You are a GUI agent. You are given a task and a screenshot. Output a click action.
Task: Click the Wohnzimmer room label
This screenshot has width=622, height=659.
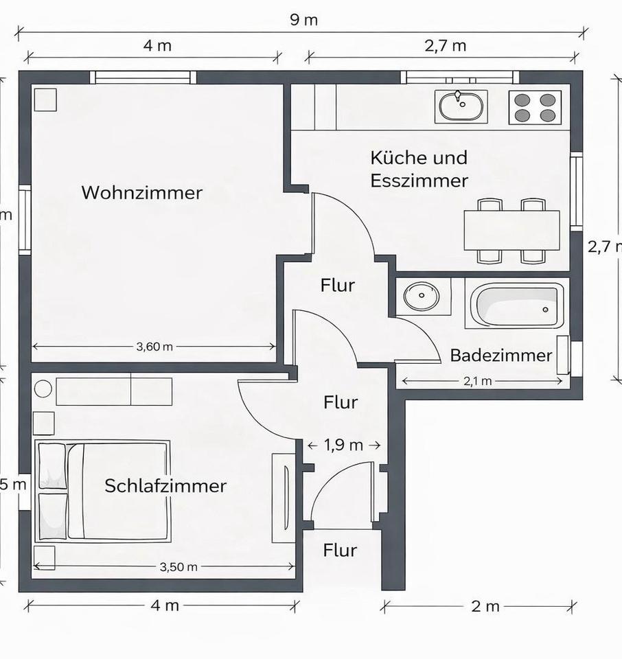coord(142,192)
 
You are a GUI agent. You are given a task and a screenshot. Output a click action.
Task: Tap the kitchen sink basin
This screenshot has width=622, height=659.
coord(461,107)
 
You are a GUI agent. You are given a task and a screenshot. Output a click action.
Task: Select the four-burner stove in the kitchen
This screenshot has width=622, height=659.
coord(535,107)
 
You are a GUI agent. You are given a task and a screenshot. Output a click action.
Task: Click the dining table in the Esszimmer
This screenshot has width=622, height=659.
coord(511,231)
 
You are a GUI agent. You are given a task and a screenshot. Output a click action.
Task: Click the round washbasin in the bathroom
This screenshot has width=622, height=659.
coord(418,297)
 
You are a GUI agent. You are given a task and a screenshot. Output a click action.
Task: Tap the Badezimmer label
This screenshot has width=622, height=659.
coord(500,356)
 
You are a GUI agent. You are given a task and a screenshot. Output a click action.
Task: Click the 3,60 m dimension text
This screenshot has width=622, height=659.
coord(154,347)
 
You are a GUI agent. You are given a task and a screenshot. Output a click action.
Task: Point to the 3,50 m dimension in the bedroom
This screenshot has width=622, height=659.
coord(178,567)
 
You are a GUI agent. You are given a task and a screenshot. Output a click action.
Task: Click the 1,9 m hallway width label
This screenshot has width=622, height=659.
coord(344,445)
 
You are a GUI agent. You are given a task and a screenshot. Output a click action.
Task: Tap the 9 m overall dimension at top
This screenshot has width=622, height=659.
coord(303,19)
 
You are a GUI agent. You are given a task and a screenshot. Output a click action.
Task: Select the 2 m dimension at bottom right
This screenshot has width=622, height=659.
coord(485,606)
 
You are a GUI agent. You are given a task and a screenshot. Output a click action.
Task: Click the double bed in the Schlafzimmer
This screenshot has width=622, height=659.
coord(103,492)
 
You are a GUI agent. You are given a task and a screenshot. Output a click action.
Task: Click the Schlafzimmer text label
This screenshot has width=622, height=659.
coord(165,486)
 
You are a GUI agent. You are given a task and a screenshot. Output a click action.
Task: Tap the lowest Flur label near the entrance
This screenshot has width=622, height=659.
coord(340,550)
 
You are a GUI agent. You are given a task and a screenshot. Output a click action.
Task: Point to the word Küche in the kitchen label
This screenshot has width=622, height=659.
coord(394,157)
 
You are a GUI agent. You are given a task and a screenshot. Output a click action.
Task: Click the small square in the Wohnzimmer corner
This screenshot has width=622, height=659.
coord(45,100)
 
